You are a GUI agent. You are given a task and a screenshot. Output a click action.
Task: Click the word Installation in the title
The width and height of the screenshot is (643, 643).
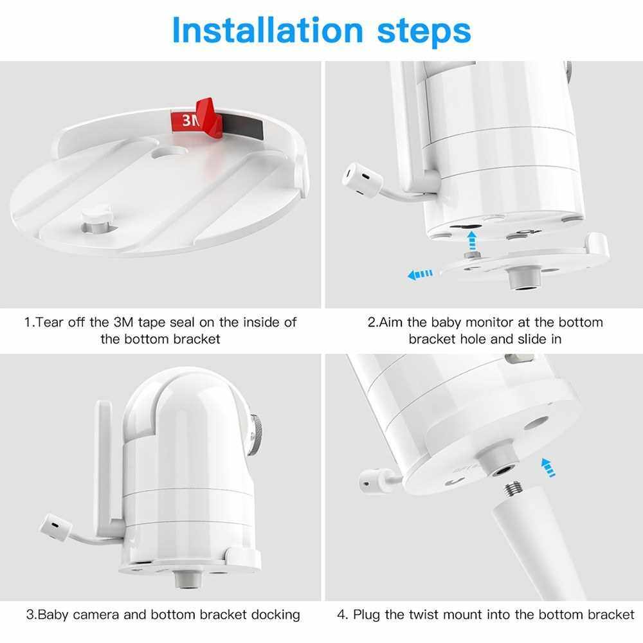(x=267, y=30)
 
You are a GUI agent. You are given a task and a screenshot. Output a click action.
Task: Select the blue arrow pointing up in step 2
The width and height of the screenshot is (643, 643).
(x=472, y=240)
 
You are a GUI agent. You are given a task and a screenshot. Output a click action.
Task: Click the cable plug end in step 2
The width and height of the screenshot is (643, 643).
(x=361, y=179)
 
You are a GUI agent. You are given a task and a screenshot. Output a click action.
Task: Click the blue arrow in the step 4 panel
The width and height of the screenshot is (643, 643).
(x=548, y=467)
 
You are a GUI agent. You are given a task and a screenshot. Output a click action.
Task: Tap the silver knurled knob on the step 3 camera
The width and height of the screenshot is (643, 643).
(x=255, y=434)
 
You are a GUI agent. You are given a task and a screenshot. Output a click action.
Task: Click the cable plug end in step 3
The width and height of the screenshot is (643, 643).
(x=56, y=528)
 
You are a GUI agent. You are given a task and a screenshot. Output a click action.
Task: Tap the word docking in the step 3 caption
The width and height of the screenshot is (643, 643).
(x=275, y=615)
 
